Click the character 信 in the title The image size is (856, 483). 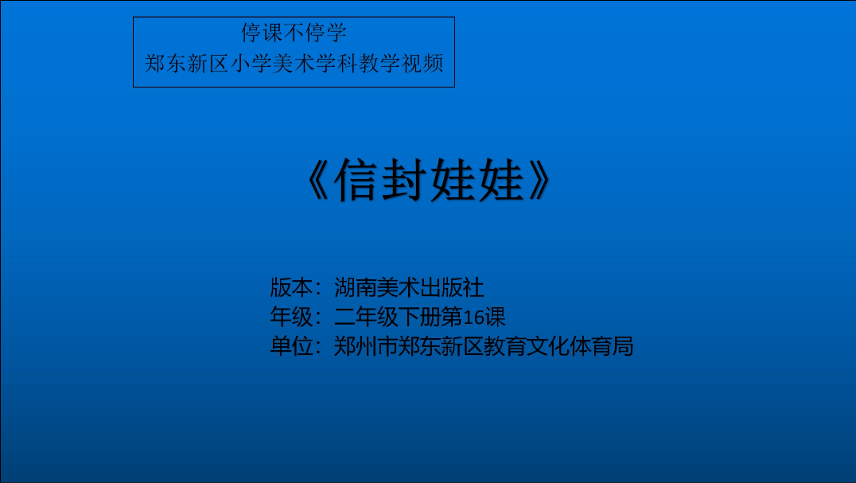(x=356, y=180)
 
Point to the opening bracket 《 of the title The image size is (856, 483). (x=317, y=180)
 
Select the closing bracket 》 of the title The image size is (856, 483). (x=539, y=180)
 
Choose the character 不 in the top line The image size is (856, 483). (x=294, y=33)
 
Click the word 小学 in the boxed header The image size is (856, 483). (x=251, y=64)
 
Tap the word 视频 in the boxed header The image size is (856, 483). (x=422, y=64)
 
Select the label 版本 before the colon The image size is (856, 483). (x=291, y=287)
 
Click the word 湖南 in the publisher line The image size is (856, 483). (x=356, y=287)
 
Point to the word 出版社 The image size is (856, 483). (x=452, y=287)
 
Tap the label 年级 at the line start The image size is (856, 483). (x=291, y=317)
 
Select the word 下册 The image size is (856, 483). (x=420, y=317)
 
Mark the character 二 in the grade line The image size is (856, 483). (x=344, y=317)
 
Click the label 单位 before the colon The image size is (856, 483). (x=291, y=346)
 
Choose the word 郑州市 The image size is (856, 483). (x=366, y=346)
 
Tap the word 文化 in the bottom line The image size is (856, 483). (x=548, y=346)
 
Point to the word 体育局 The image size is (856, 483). (x=601, y=346)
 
